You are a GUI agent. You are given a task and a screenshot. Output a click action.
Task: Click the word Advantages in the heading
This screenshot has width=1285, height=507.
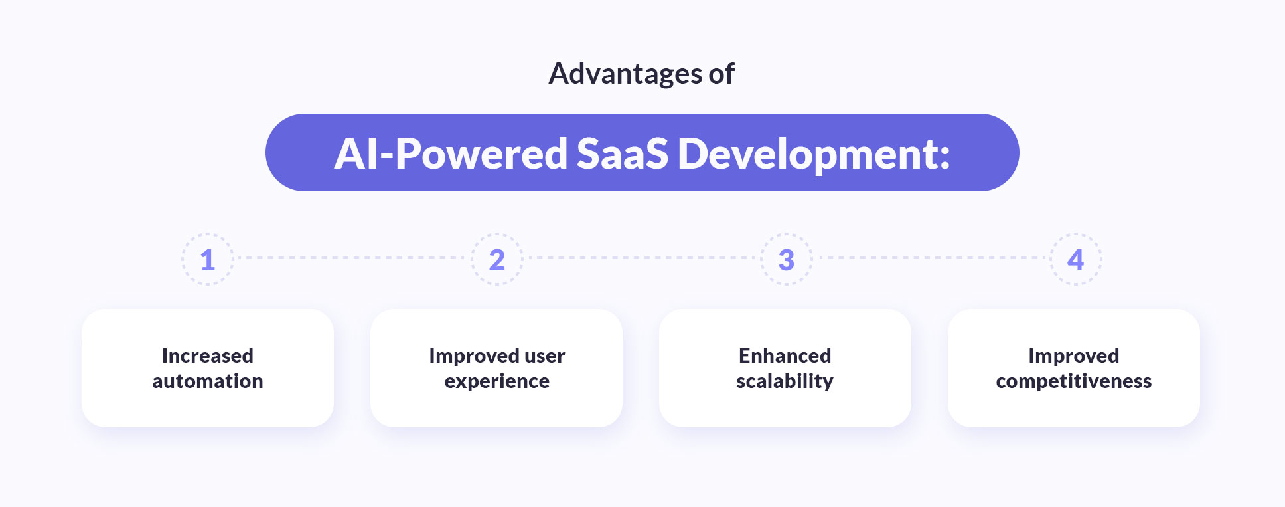coord(625,74)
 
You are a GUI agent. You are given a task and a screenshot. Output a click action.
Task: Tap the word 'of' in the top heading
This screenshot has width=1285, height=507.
coord(721,74)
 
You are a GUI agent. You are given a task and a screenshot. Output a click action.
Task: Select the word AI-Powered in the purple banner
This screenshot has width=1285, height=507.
coord(450,154)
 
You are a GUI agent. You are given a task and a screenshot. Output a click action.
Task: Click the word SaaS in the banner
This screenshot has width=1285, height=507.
coord(622,154)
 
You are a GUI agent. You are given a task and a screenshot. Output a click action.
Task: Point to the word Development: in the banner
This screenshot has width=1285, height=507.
coord(814,154)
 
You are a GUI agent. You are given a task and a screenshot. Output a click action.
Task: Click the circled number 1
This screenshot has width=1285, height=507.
coord(208,260)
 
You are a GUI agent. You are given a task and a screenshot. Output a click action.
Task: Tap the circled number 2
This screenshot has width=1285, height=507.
coord(497,260)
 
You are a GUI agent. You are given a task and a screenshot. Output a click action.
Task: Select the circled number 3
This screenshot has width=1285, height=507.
coord(787,260)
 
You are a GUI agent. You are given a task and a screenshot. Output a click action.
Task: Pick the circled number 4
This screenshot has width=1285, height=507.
coord(1075,260)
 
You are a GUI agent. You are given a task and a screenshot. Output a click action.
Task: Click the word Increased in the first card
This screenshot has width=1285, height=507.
coord(208,355)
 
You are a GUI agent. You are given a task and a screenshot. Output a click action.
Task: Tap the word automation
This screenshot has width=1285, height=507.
coord(208,381)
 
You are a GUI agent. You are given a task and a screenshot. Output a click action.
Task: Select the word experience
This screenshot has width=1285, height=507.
coord(497,381)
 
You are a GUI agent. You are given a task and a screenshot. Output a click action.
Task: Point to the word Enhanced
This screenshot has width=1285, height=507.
coord(785,355)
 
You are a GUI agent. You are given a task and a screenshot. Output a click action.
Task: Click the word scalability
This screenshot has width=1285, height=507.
coord(785,381)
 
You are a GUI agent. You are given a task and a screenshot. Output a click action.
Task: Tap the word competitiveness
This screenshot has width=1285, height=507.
coord(1073,381)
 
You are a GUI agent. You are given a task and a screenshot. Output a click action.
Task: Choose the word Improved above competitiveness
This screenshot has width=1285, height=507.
coord(1073,356)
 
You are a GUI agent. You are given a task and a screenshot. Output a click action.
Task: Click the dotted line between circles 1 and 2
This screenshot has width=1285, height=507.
coord(352,258)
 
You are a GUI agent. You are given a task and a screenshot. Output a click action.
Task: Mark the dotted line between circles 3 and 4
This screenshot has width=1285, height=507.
coord(931,258)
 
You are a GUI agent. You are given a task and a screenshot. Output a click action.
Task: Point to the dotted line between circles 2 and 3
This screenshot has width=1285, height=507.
coord(641,258)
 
